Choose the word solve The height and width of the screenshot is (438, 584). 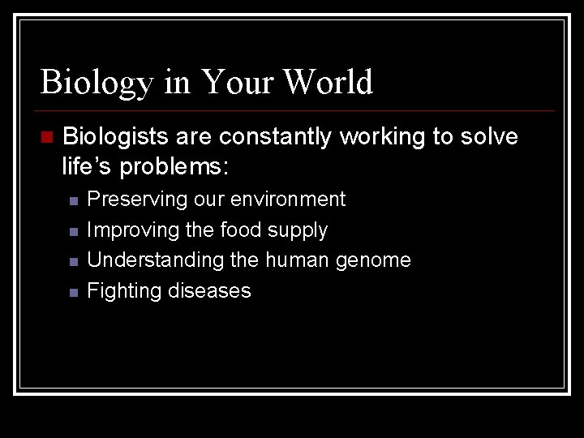(x=489, y=138)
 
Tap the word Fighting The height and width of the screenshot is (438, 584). (x=121, y=291)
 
